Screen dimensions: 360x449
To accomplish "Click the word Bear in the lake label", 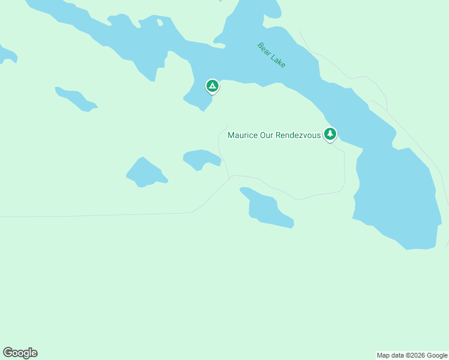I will tap(265, 48).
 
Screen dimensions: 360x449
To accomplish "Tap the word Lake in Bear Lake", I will tap(278, 61).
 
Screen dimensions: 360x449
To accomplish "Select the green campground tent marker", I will tap(212, 86).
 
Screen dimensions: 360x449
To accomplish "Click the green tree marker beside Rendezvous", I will tap(330, 134).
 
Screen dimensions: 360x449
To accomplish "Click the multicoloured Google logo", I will tap(20, 353).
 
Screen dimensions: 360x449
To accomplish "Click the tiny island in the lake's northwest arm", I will tap(160, 23).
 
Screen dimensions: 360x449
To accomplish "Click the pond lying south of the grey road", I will tap(266, 208).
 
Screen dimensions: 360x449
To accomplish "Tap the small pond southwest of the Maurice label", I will tap(201, 158).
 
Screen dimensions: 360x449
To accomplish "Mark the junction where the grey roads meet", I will tap(231, 176).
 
